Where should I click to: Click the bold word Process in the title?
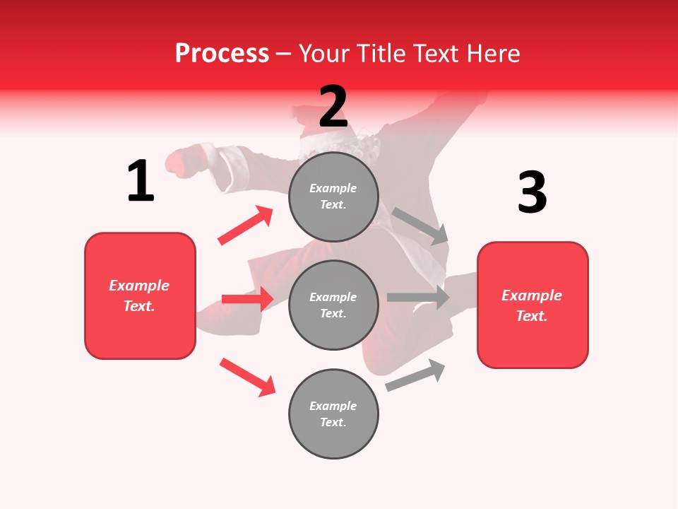(222, 53)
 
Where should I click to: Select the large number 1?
(141, 182)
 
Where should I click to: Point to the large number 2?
(333, 107)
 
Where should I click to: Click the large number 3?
(532, 192)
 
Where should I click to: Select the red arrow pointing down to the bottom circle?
(247, 377)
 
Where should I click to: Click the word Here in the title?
(494, 53)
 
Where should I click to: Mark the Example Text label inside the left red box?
(139, 296)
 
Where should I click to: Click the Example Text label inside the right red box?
(532, 305)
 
